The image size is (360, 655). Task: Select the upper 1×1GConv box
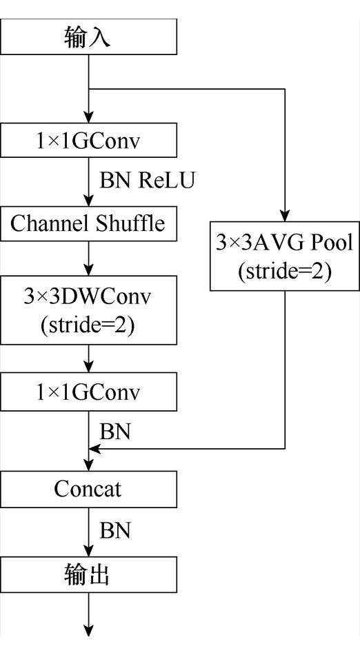[89, 141]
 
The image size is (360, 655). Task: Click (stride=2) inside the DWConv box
[89, 324]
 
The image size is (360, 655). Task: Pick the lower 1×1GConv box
[89, 393]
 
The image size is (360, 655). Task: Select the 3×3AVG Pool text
[285, 243]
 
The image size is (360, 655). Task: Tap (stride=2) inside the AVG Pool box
[285, 270]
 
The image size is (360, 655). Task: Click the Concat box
[89, 489]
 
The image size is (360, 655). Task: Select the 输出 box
[89, 575]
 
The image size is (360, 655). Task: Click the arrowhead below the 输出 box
[89, 629]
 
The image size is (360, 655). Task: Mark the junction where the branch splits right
[89, 89]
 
